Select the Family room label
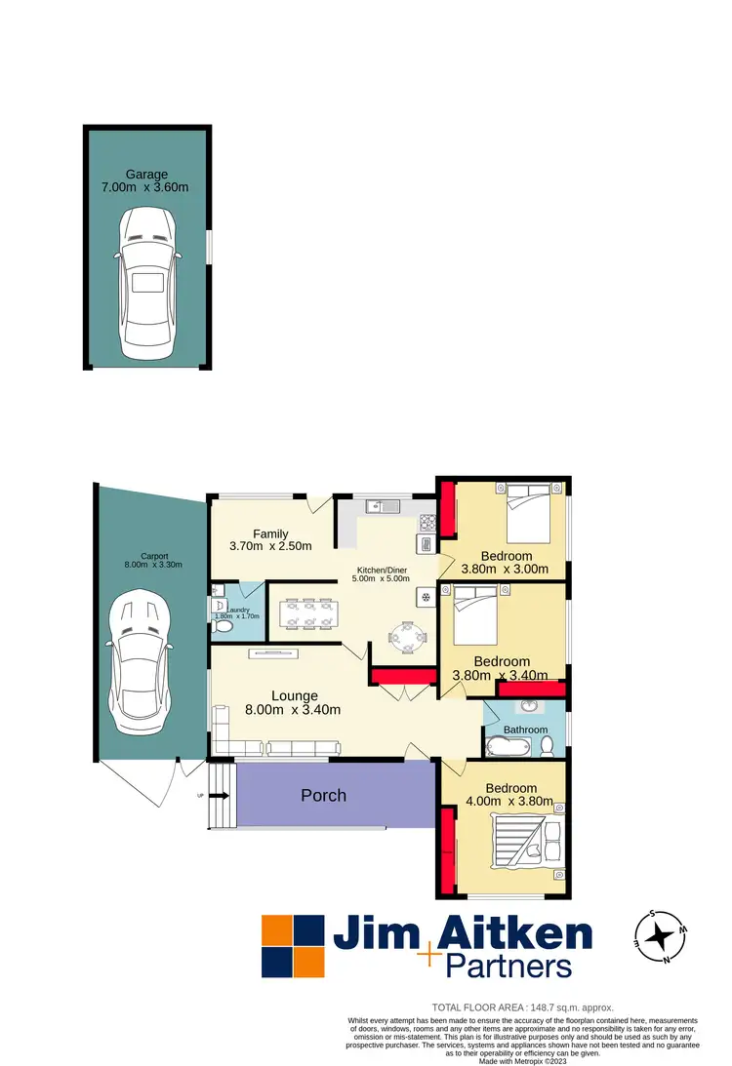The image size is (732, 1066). [x=270, y=533]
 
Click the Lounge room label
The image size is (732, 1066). [x=294, y=695]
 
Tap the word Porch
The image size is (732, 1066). [x=323, y=795]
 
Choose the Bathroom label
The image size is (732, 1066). [x=525, y=730]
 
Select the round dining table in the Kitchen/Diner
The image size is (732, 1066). [x=409, y=639]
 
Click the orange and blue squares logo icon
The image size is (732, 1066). [x=292, y=946]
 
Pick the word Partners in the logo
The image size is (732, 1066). [x=507, y=966]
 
